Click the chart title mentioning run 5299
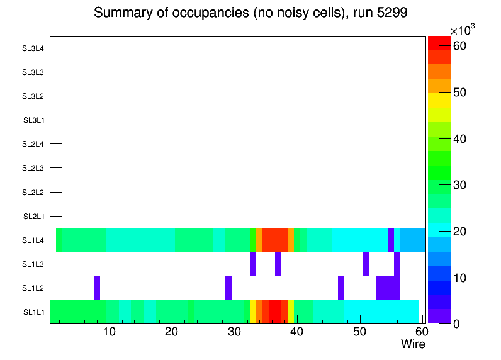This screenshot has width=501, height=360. point(250,13)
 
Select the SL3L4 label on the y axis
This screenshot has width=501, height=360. point(33,48)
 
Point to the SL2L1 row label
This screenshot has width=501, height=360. point(33,217)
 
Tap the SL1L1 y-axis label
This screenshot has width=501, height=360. point(33,312)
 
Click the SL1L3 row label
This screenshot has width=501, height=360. point(33,264)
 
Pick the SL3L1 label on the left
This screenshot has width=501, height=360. point(33,120)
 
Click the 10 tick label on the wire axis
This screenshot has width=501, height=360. point(110,332)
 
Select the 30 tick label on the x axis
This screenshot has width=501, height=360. point(234,332)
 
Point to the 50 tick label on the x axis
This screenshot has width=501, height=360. point(359,332)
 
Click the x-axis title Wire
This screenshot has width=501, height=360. point(413,344)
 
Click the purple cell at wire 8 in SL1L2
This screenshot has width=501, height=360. point(97,288)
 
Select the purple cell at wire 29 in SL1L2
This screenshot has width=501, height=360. point(228,288)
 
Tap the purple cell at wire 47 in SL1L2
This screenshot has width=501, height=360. point(341,288)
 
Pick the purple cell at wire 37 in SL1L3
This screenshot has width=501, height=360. point(278,264)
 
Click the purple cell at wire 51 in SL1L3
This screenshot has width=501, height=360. point(366,264)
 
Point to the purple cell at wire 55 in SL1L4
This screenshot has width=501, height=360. point(391,240)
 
